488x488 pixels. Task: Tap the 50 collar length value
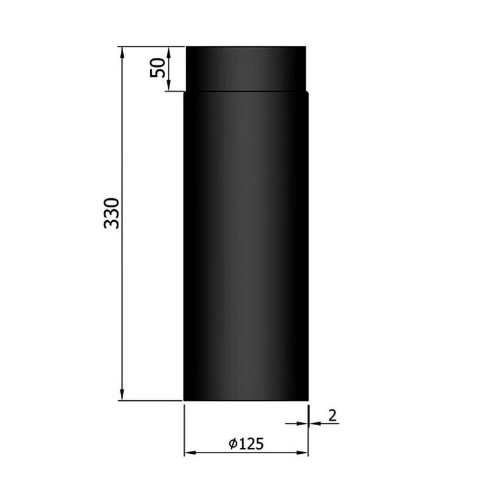point(158,67)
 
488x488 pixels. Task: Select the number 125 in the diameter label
point(253,444)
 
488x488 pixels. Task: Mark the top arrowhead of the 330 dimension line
point(123,52)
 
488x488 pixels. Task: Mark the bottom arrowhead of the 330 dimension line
point(123,395)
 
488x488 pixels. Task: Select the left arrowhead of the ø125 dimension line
point(189,453)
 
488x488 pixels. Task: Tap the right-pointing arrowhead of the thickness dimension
point(303,423)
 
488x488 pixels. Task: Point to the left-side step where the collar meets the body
point(185,92)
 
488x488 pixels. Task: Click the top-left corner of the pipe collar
point(187,48)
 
